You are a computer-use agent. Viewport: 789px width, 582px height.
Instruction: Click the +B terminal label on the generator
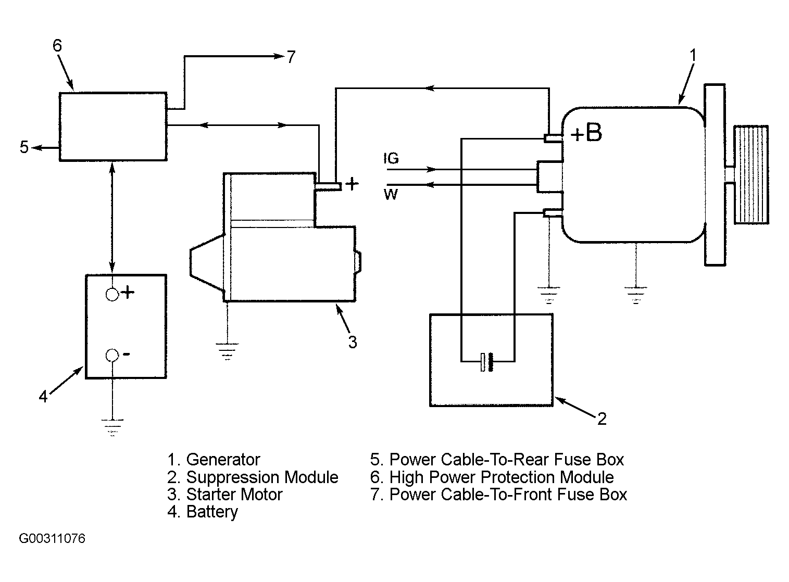tap(586, 133)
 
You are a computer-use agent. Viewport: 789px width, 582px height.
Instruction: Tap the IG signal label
tap(391, 158)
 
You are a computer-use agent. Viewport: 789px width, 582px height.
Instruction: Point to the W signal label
tap(391, 194)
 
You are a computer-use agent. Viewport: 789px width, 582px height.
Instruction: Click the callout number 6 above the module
tap(57, 45)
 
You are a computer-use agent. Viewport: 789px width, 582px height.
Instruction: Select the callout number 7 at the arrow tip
tap(291, 57)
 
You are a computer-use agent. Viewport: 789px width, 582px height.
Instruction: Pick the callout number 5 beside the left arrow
tap(24, 147)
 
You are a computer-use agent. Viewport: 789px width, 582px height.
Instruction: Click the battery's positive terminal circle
tap(112, 295)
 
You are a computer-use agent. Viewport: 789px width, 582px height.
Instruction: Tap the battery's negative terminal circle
tap(112, 355)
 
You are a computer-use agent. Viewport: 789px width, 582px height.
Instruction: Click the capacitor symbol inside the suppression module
tap(487, 362)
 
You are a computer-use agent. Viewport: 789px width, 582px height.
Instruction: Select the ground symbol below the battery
tap(112, 427)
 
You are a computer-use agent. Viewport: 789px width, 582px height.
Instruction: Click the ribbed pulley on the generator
tap(751, 175)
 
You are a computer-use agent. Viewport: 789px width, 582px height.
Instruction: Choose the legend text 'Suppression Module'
tap(262, 477)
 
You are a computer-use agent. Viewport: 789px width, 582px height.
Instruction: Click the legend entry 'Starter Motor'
tap(234, 494)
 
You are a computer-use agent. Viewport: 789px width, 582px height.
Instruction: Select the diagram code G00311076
tap(52, 539)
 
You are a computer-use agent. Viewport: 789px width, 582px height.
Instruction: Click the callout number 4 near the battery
tap(43, 396)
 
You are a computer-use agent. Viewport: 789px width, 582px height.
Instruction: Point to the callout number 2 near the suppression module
tap(602, 419)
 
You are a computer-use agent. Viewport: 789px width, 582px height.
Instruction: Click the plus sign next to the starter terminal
tap(352, 184)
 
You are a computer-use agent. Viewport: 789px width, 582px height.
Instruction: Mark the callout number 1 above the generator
tap(693, 56)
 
